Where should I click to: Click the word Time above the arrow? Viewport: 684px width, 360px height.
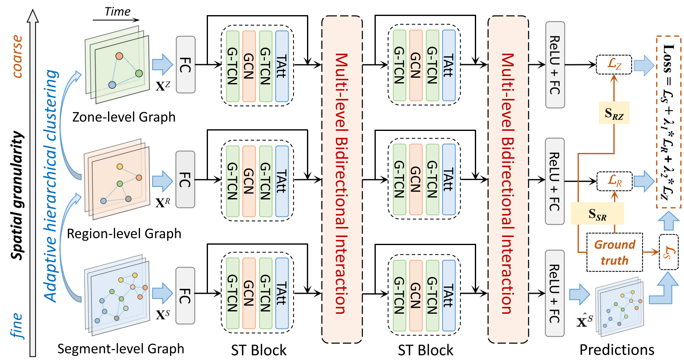coord(117,11)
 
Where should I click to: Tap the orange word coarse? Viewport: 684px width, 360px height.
coord(17,56)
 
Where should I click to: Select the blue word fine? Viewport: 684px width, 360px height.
coord(16,326)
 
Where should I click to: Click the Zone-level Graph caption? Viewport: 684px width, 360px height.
coord(124,117)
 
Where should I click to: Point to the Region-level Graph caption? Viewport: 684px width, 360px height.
coord(124,234)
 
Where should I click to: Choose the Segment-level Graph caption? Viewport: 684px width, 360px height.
coord(120,349)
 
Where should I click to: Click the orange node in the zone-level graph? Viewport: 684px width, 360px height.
coord(119,56)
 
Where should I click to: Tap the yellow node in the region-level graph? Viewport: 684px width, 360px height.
coord(120,166)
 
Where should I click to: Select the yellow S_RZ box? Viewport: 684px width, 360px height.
coord(614,113)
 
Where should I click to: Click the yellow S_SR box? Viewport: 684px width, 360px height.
coord(597,214)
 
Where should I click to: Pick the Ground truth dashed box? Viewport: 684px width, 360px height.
coord(614,252)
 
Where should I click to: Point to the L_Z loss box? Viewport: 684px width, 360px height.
coord(614,64)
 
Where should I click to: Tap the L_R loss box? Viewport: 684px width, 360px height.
coord(614,181)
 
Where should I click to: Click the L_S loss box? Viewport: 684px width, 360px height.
coord(668,252)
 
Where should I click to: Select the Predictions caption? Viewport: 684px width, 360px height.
coord(616,350)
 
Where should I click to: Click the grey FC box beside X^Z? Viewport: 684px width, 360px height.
coord(185,65)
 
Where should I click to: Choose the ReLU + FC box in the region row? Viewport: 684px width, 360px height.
coord(555,181)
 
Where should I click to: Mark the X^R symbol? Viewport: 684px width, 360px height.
coord(163,202)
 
